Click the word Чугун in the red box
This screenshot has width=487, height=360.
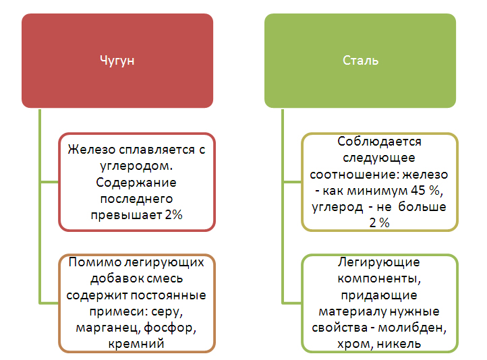(117, 61)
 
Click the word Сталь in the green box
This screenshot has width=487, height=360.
(360, 61)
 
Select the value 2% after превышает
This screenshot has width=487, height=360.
(173, 214)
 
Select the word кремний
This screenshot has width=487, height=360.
(137, 344)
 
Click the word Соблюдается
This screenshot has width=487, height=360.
(380, 142)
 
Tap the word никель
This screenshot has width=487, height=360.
(398, 344)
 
